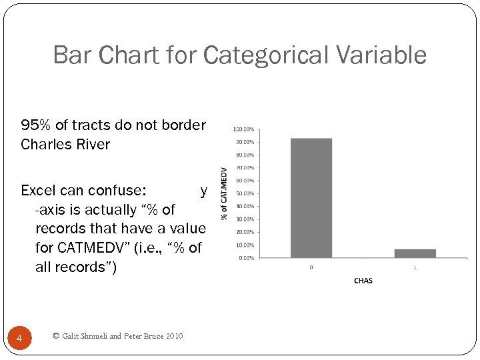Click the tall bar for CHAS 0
pos(311,198)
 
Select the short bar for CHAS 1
pos(415,253)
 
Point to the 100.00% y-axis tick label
pos(243,129)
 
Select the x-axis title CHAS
pos(363,281)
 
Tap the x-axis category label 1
pos(415,267)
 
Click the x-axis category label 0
pos(311,267)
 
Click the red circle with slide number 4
pos(19,339)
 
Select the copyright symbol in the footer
pos(55,336)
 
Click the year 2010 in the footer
pos(172,336)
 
